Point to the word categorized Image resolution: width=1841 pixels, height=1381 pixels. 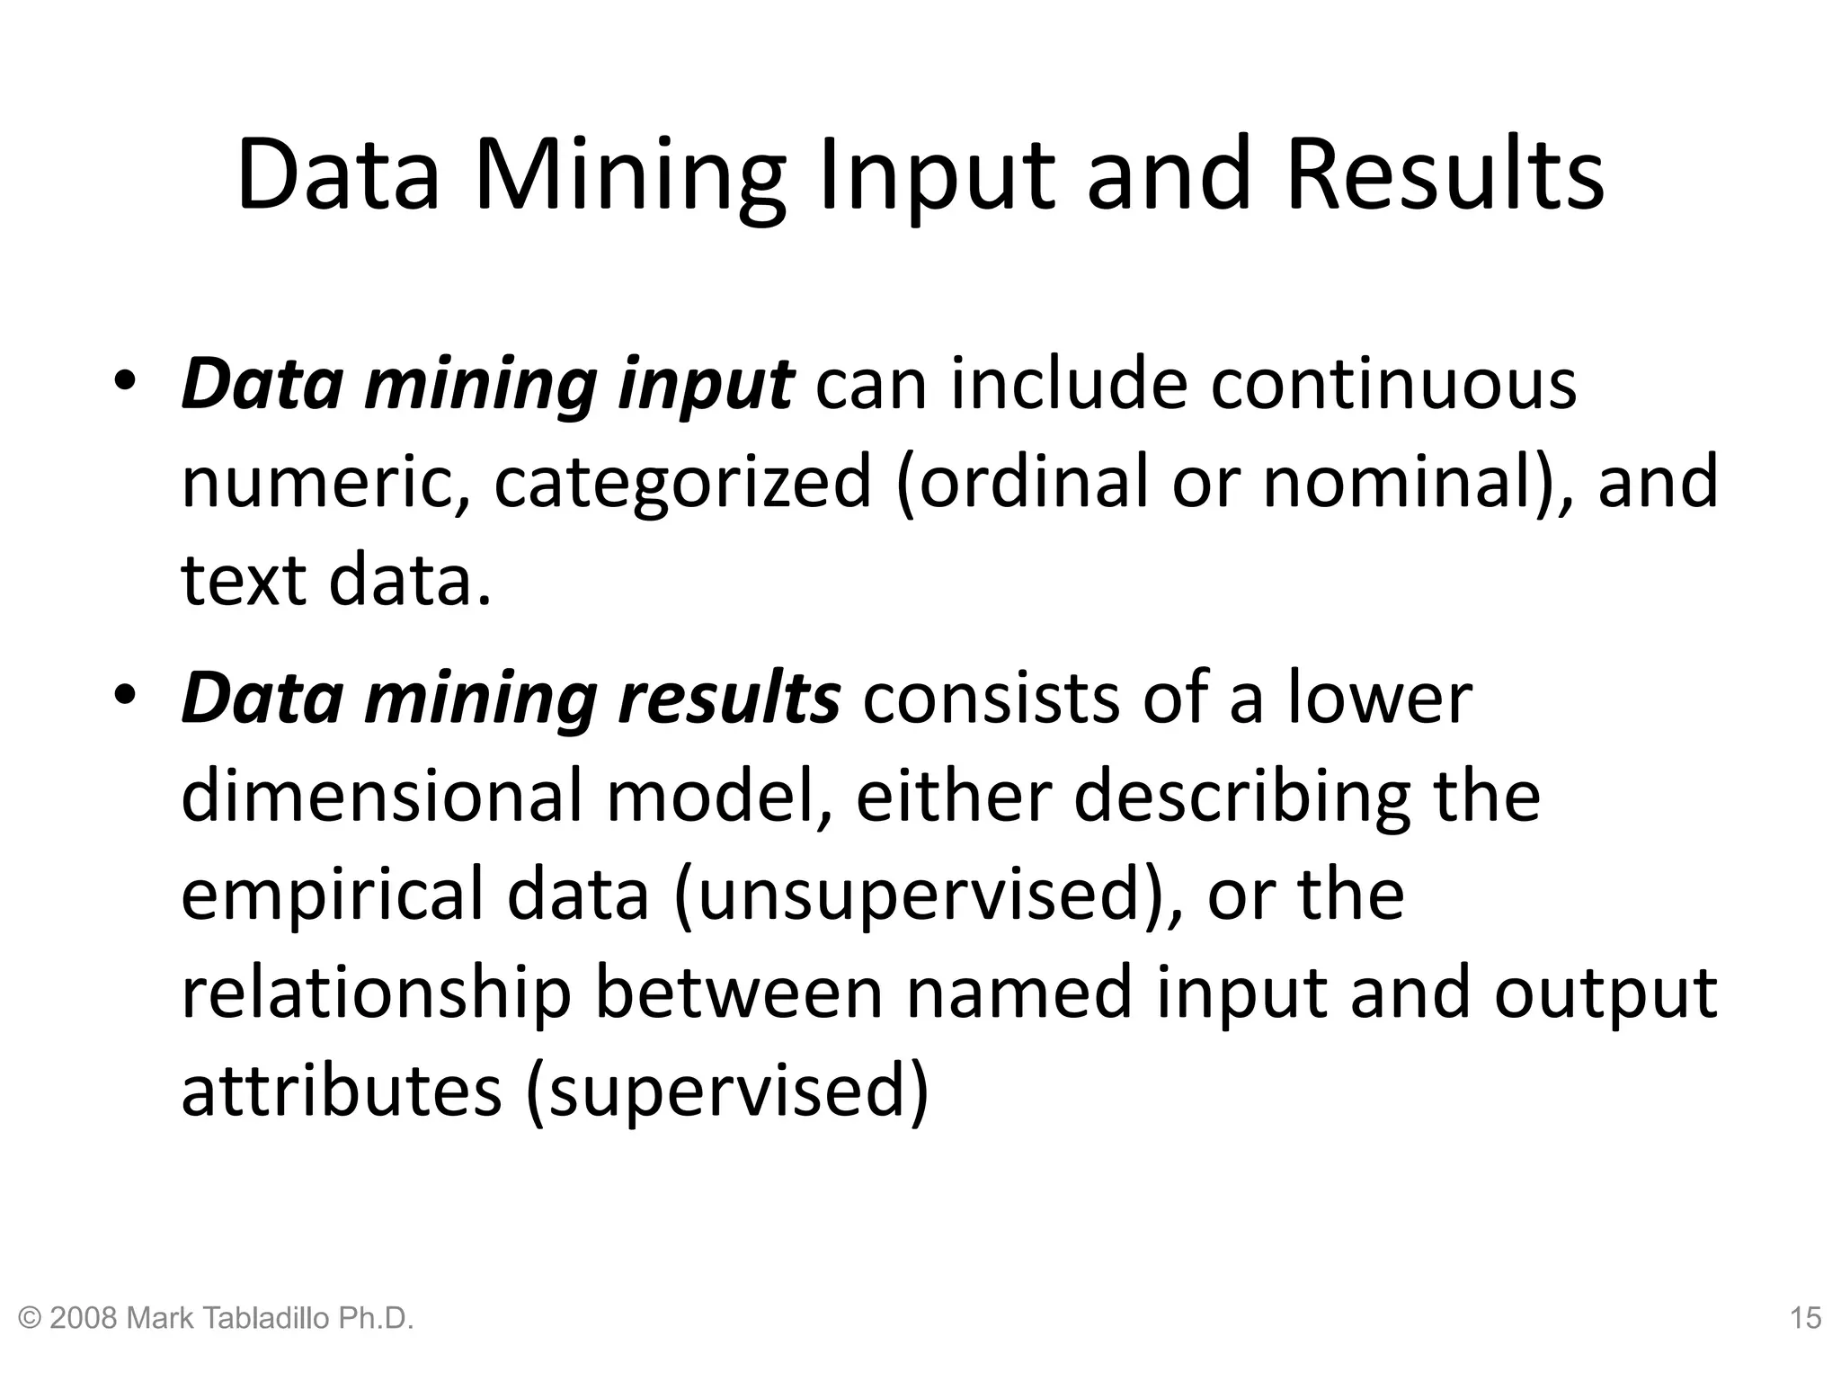pyautogui.click(x=683, y=482)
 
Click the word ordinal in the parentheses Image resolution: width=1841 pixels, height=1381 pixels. pyautogui.click(x=1029, y=482)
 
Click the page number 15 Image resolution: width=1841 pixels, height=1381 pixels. pyautogui.click(x=1805, y=1318)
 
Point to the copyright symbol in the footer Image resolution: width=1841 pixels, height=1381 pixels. pyautogui.click(x=30, y=1319)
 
